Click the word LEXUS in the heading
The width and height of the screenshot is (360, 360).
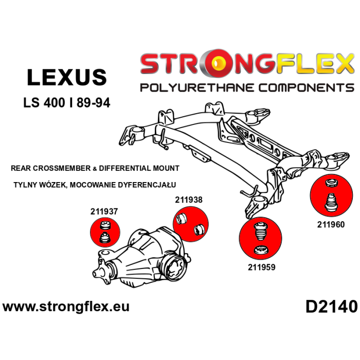(66, 77)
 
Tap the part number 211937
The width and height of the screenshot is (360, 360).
(104, 211)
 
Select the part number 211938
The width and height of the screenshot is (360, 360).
(189, 200)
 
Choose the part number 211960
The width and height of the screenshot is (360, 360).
(331, 224)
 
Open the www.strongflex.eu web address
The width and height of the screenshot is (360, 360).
(66, 307)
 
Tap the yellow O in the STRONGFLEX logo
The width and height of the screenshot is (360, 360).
(223, 64)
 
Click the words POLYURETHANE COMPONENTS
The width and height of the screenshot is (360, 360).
(247, 87)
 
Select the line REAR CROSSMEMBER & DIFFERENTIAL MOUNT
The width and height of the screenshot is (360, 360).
(95, 168)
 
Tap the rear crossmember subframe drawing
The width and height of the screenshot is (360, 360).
(226, 144)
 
